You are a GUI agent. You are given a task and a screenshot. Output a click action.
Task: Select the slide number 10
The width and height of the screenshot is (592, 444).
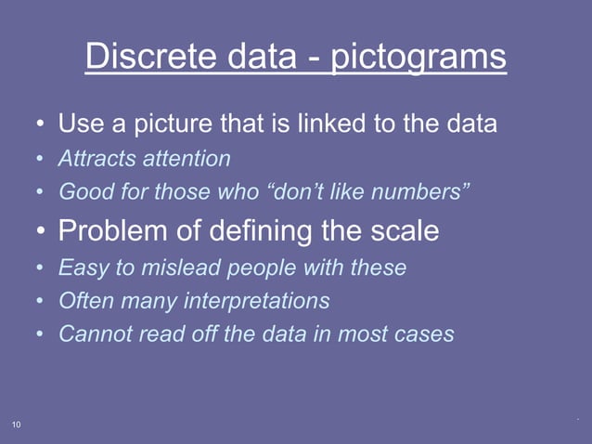(17, 424)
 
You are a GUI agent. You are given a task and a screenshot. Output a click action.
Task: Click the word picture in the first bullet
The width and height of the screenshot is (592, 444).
(178, 123)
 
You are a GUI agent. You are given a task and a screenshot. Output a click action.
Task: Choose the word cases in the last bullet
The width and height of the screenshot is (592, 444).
(425, 333)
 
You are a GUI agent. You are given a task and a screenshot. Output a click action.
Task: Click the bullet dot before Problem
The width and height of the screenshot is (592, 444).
(41, 231)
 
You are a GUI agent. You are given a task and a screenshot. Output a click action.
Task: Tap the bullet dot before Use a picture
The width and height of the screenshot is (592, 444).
(41, 124)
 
